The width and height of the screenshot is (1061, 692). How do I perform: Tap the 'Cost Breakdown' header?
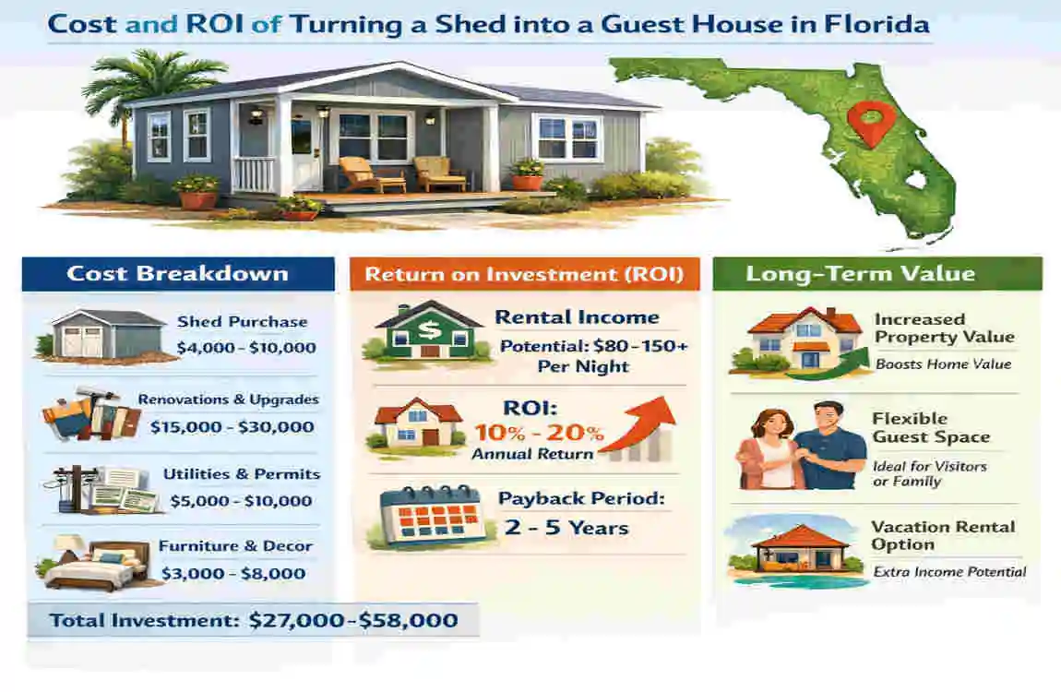[177, 273]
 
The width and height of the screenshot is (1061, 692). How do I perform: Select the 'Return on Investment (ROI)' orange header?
[524, 274]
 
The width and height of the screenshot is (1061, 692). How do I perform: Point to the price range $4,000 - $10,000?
[245, 348]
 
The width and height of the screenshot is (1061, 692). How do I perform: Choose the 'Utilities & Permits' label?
[242, 474]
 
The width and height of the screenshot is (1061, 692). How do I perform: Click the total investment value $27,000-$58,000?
[353, 620]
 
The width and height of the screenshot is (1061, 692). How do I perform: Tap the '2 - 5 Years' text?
[566, 528]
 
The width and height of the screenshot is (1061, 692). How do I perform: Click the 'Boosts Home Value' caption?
[944, 364]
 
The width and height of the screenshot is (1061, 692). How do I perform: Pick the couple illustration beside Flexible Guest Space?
[799, 447]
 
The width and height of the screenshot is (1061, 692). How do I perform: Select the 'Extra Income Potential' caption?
[949, 572]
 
